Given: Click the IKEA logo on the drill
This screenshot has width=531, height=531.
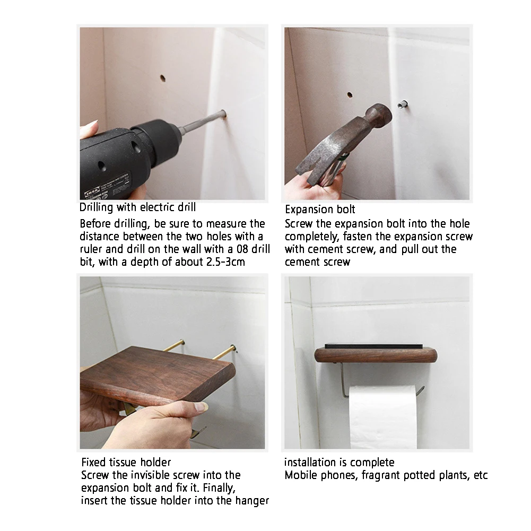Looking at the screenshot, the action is coord(92,191).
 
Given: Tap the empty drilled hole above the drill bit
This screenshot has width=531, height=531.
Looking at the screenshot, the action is coord(162,79).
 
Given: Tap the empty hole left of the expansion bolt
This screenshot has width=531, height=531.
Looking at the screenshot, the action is coord(350,95).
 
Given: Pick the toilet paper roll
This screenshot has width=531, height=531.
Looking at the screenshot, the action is coord(382,416).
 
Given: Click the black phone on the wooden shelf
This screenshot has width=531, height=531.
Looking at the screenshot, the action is coord(374,347).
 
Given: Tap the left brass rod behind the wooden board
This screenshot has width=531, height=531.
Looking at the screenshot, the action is coord(173,345).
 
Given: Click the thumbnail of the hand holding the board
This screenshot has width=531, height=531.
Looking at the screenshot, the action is coord(201,407).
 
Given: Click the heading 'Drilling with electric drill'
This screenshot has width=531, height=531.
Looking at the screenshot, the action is coord(137,207).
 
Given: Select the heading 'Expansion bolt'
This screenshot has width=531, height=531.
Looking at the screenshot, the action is coord(320,210).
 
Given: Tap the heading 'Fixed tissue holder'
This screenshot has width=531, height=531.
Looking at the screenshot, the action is coord(126,462).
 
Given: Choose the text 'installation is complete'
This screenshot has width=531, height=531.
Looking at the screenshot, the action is coord(339,462).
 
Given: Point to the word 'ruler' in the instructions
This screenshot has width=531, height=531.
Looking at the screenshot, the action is coord(91,249).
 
